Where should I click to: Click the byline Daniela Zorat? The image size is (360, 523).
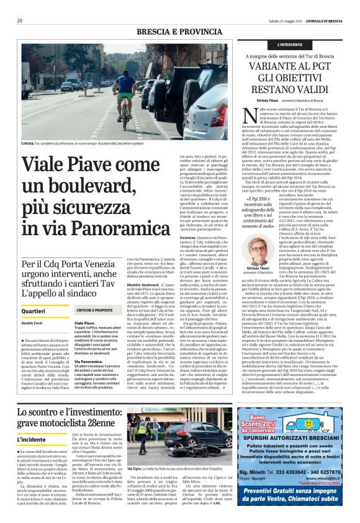pos(31,324)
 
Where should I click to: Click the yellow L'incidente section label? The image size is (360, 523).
pos(31,439)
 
